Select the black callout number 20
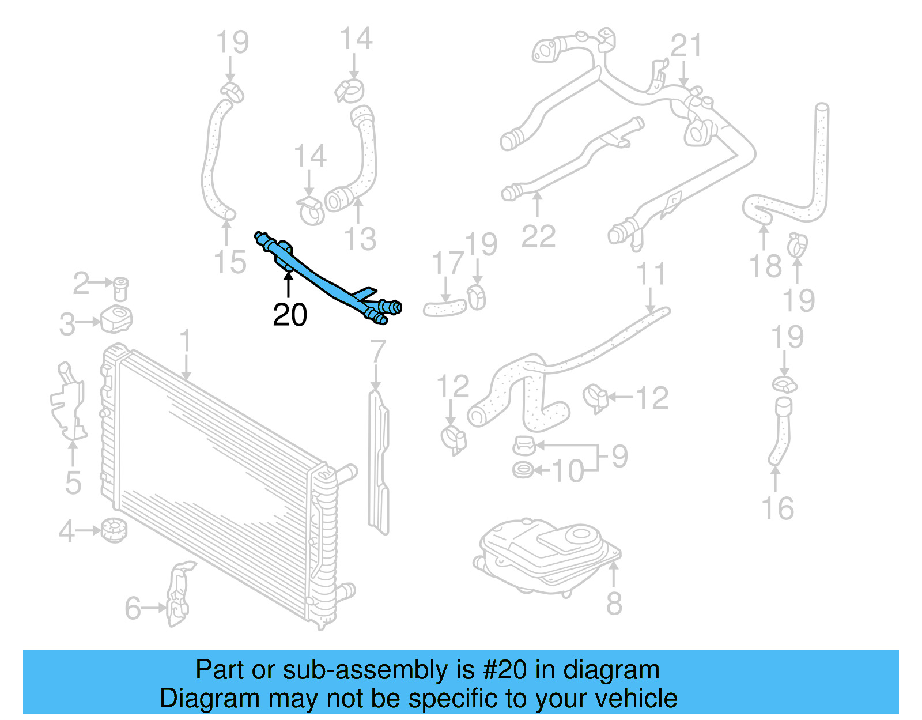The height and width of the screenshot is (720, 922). click(x=290, y=315)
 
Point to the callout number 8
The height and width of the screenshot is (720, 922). click(x=614, y=604)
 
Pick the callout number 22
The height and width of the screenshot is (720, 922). click(x=538, y=236)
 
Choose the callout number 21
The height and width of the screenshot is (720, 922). click(x=686, y=46)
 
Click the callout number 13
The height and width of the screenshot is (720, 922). click(x=360, y=239)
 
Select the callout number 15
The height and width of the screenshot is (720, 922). click(x=230, y=262)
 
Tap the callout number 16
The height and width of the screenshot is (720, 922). click(x=777, y=508)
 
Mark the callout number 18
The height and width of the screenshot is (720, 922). click(x=765, y=266)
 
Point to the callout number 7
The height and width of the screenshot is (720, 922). click(x=377, y=351)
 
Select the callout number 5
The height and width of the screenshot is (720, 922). click(x=73, y=482)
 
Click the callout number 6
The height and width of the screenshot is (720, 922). click(x=133, y=608)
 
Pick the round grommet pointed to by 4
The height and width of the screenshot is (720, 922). click(x=114, y=530)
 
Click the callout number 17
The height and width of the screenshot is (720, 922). click(x=448, y=263)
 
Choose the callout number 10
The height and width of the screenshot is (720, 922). click(x=568, y=471)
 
